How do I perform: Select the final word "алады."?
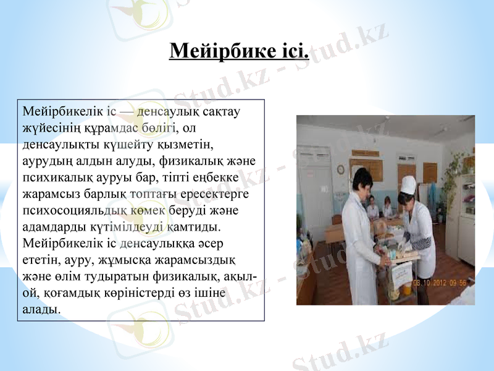pyautogui.click(x=41, y=308)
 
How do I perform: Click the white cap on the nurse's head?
pyautogui.click(x=408, y=184)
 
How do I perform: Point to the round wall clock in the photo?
pyautogui.click(x=340, y=169)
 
